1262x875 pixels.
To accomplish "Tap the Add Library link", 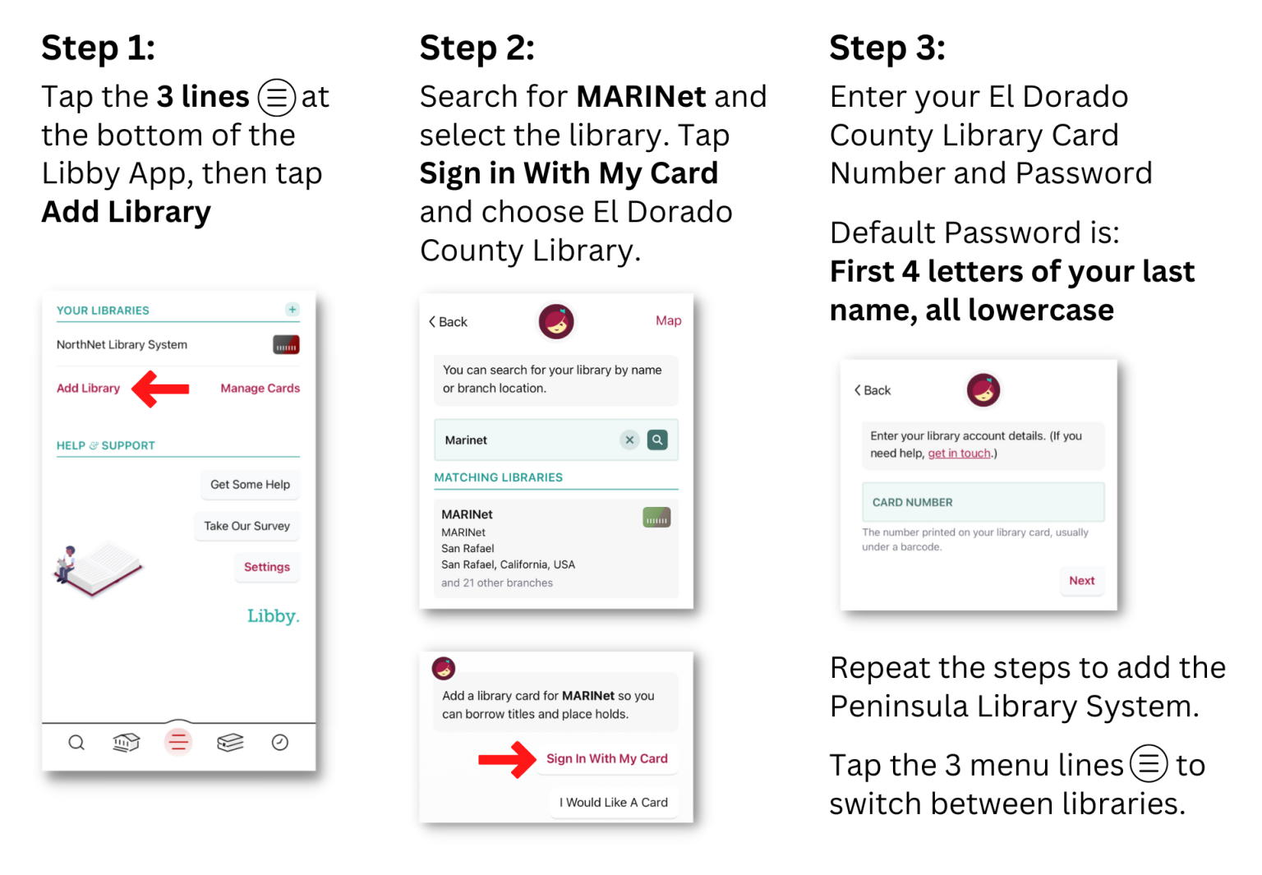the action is [x=89, y=388].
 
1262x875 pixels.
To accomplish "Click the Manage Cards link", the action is [x=260, y=388].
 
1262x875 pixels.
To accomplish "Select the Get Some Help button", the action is [x=250, y=485].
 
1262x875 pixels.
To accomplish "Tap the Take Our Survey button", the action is [x=246, y=526].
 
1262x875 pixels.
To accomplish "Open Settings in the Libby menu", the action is [x=267, y=567].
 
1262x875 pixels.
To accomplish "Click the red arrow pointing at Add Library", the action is [x=160, y=389].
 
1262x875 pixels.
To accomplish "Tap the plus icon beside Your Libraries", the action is [x=292, y=309].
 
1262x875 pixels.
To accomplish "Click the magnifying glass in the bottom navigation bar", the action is [x=76, y=743].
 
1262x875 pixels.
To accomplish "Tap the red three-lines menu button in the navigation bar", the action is [x=178, y=742].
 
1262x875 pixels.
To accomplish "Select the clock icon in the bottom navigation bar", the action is [x=280, y=743].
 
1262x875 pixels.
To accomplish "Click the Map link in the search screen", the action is [x=668, y=320].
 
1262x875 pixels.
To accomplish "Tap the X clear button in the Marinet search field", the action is [x=630, y=440].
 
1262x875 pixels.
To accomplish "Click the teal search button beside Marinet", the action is [x=657, y=440].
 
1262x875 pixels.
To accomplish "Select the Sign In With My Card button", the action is [x=607, y=759].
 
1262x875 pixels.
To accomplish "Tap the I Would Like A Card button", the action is [x=614, y=803].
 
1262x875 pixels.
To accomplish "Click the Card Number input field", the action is [x=983, y=502].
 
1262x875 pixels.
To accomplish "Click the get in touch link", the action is [x=959, y=453].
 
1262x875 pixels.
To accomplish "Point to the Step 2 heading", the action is [x=477, y=48].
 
